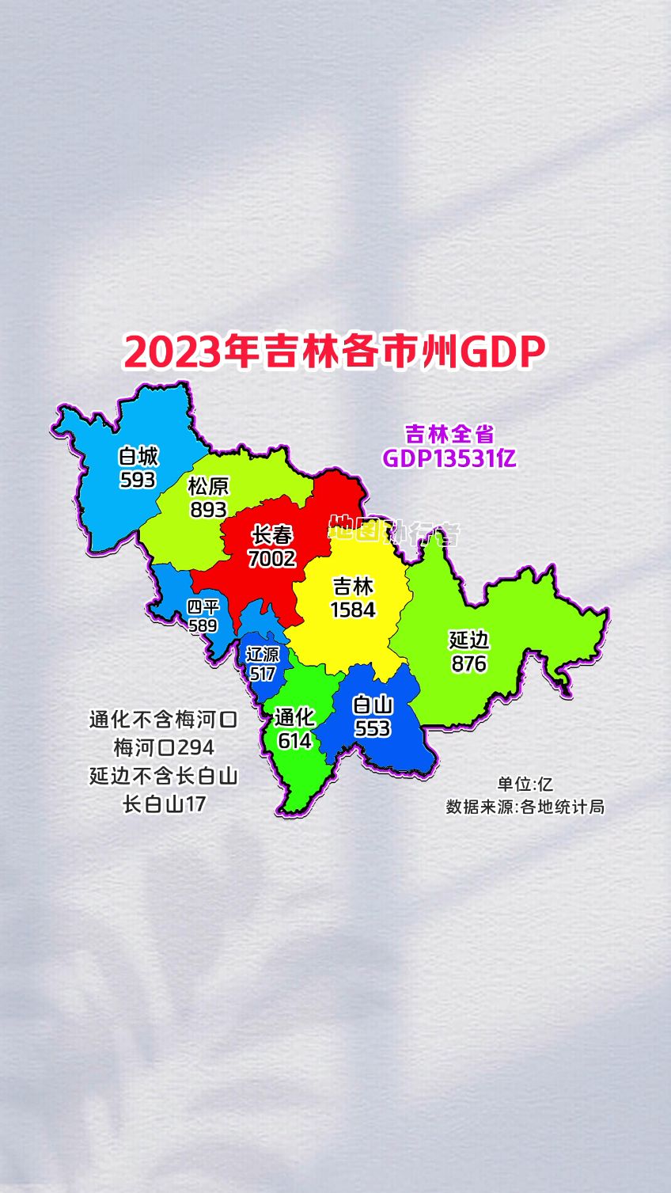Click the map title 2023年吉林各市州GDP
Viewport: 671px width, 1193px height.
[335, 352]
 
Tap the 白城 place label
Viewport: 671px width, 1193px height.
[138, 457]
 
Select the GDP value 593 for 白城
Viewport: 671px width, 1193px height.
[138, 480]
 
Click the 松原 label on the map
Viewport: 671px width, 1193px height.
[208, 486]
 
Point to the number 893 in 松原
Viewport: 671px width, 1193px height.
[208, 509]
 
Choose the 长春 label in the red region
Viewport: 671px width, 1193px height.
[272, 536]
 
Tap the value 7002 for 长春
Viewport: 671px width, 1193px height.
[272, 559]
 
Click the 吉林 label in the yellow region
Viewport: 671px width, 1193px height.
[353, 587]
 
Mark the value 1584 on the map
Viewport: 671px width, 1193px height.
[353, 610]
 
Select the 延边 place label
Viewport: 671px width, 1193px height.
[468, 640]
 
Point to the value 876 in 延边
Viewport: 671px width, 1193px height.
[468, 663]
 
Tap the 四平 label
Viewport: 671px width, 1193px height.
[203, 607]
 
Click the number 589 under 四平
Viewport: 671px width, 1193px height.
[203, 625]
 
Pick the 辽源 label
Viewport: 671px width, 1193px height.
[263, 655]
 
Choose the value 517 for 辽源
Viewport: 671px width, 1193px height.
[263, 674]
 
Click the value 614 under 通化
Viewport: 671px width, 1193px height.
[294, 740]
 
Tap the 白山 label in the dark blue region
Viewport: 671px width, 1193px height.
[372, 705]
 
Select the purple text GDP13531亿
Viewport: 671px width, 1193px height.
[449, 458]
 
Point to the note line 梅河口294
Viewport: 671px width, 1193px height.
[164, 747]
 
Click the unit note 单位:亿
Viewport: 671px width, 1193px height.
[525, 784]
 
